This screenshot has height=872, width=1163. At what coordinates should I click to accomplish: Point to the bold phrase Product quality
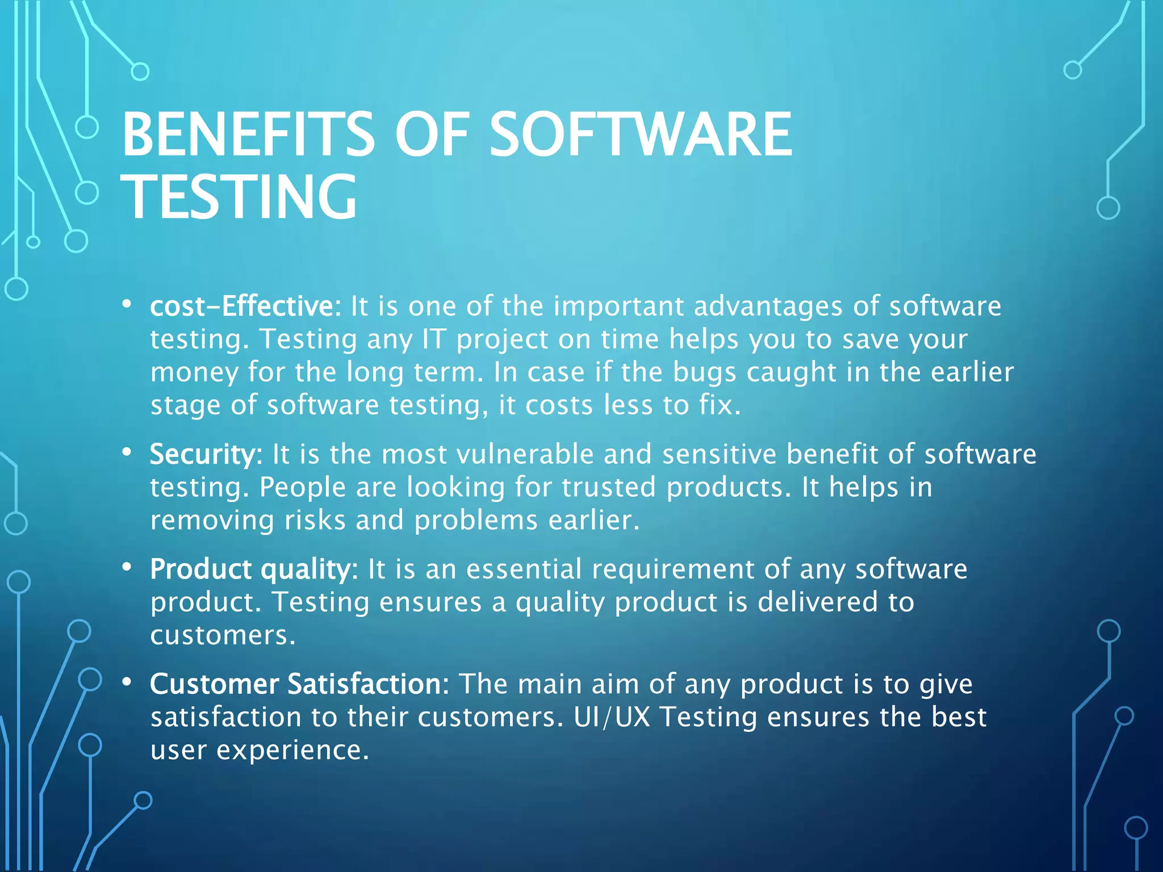coord(250,569)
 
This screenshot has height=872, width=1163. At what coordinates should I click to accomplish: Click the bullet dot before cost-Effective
coord(127,304)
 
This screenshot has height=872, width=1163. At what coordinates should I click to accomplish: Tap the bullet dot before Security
coord(127,452)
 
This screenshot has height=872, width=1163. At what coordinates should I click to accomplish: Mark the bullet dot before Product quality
coord(127,567)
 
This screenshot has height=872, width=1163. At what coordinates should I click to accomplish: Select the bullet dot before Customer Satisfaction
coord(127,682)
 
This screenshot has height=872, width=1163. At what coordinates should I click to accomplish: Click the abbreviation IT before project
coord(434,339)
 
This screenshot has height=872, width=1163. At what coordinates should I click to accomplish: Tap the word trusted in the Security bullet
coord(608,487)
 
